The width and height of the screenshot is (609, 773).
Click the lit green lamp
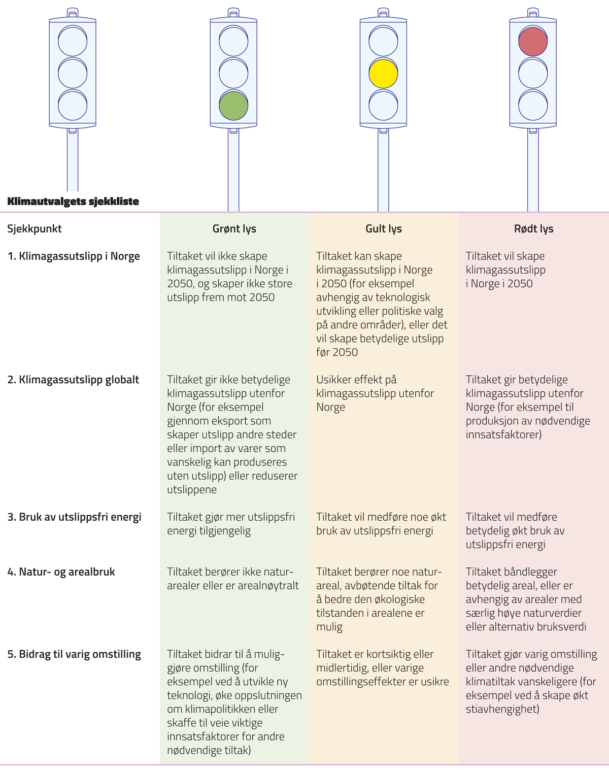(x=233, y=106)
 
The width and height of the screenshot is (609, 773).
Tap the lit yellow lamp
(x=383, y=74)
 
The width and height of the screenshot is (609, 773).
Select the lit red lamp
(x=533, y=41)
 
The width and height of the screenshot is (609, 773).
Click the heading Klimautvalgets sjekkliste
(x=73, y=201)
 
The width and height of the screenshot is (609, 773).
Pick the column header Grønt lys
(x=234, y=229)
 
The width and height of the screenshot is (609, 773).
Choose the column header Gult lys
(x=383, y=229)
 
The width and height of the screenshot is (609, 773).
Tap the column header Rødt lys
(x=533, y=229)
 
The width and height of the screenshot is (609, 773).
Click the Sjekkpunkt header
(x=35, y=229)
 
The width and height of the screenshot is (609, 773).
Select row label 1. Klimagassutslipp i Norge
(x=74, y=256)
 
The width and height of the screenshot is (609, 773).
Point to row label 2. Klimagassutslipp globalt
(x=73, y=380)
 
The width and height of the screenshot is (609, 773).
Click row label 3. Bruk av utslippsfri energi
(x=74, y=517)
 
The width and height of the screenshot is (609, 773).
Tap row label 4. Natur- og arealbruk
(x=61, y=572)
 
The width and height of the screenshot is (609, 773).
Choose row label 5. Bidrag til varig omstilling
(x=74, y=654)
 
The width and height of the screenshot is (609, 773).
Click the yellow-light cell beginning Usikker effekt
(x=375, y=393)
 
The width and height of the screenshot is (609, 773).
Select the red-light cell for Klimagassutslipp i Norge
(x=505, y=270)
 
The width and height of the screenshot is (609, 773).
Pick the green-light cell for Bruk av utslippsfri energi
(x=231, y=524)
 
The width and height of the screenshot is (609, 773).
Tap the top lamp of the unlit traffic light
(x=73, y=41)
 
